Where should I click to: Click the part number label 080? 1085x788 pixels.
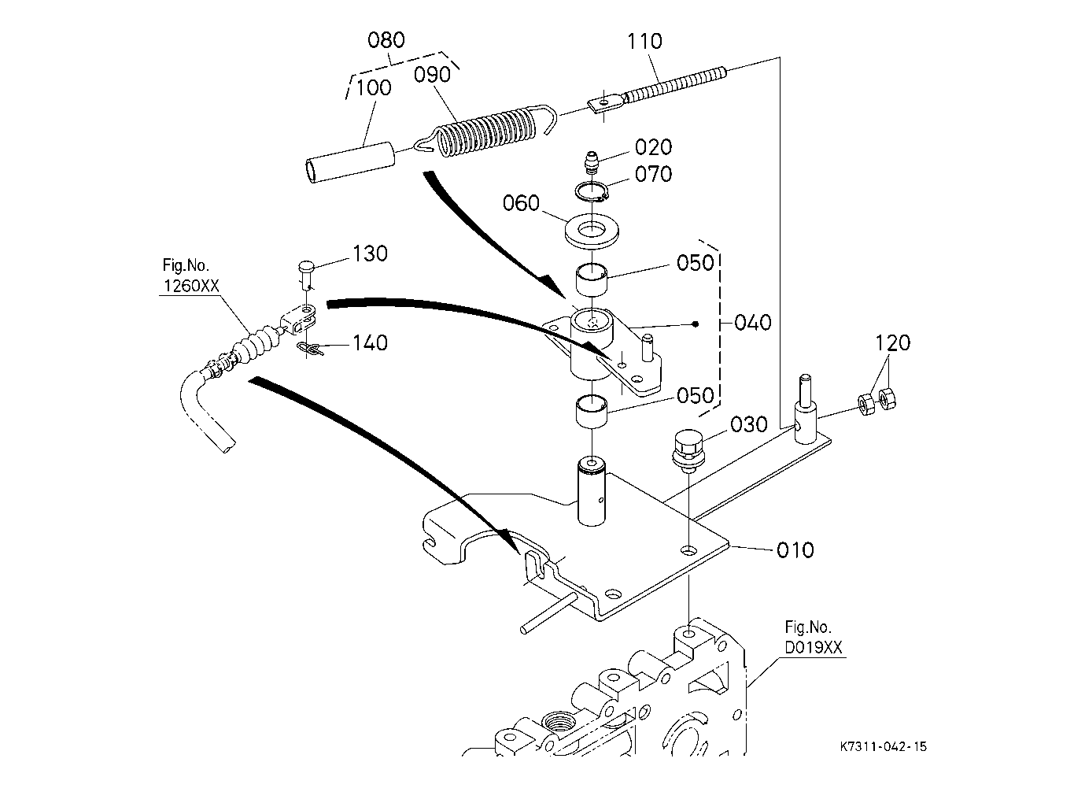386,39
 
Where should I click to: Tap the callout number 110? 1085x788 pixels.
644,42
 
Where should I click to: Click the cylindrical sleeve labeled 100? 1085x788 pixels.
351,162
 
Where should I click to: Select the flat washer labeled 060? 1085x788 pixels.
592,231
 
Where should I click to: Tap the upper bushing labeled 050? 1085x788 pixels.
592,279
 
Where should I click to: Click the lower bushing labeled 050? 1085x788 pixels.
592,412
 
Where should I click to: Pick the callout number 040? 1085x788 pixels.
753,322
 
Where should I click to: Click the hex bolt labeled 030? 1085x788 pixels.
688,452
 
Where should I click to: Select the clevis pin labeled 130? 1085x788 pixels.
306,274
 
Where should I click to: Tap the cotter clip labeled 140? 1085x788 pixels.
311,348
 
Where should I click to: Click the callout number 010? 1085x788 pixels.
795,550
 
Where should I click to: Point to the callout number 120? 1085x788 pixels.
893,343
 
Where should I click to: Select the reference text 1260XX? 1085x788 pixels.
191,286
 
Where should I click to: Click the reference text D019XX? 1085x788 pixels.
814,647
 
